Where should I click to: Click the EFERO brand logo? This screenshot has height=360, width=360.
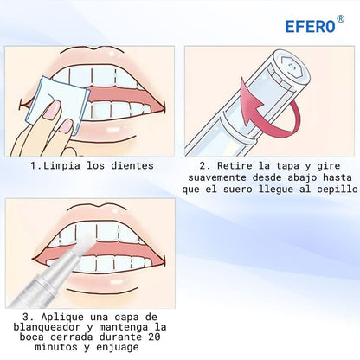pos(311,26)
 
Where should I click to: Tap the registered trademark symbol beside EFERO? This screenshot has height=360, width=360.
pos(340,19)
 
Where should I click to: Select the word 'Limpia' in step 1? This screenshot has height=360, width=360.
pos(62,166)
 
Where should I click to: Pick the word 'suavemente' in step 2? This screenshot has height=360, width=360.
pos(217,177)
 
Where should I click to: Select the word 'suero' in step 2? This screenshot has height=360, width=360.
pos(238,190)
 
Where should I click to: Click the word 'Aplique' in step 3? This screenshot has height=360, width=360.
pos(62,317)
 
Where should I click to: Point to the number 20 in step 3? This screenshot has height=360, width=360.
pos(154,337)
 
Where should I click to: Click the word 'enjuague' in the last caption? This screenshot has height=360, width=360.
pos(118,347)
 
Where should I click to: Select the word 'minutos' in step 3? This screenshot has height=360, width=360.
pos(56,347)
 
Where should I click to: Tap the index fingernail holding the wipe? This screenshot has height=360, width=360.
pos(52,110)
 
